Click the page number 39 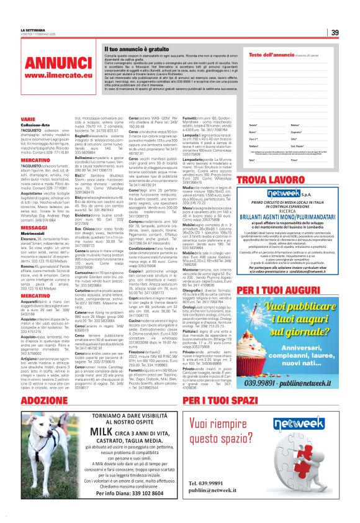(334, 32)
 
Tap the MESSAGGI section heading (34, 227)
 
